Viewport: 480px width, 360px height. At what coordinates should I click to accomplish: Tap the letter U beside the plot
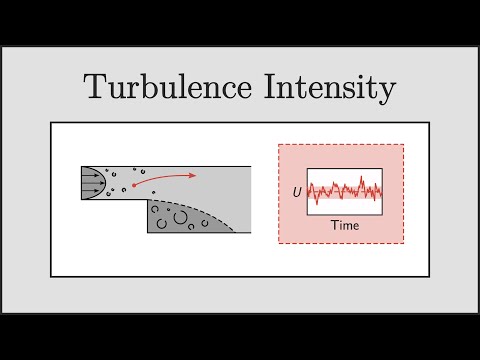click(x=297, y=189)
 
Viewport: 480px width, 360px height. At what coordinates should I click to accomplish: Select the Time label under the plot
click(x=345, y=225)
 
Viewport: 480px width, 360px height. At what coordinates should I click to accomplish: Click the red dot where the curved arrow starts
click(x=132, y=188)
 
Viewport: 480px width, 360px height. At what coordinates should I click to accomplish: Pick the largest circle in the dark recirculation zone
click(x=181, y=214)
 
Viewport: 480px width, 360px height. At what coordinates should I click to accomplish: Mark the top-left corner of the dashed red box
click(x=279, y=145)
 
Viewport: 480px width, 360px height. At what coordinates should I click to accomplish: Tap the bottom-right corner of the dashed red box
click(x=404, y=243)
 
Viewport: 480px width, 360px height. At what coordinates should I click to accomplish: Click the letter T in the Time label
click(x=334, y=225)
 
